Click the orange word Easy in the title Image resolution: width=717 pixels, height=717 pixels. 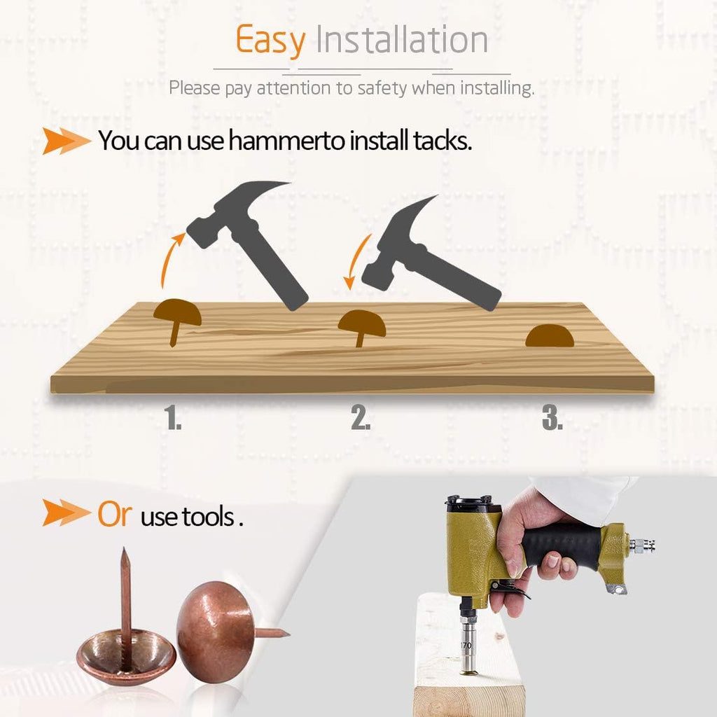pyautogui.click(x=270, y=41)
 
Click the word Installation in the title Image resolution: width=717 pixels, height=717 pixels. pyautogui.click(x=402, y=39)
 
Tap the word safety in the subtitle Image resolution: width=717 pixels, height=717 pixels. pyautogui.click(x=382, y=88)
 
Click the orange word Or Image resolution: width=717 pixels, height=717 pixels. pyautogui.click(x=115, y=515)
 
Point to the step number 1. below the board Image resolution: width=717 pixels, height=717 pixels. pyautogui.click(x=173, y=417)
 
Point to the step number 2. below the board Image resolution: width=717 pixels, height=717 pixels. pyautogui.click(x=361, y=417)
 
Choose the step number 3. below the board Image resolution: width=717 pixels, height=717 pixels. pyautogui.click(x=552, y=417)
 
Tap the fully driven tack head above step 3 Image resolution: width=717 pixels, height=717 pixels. pyautogui.click(x=550, y=335)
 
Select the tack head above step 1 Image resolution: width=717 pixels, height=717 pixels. pyautogui.click(x=177, y=312)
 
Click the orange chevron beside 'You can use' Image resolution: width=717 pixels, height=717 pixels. pyautogui.click(x=67, y=141)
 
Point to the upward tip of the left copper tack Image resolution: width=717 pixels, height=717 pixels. pyautogui.click(x=124, y=548)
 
